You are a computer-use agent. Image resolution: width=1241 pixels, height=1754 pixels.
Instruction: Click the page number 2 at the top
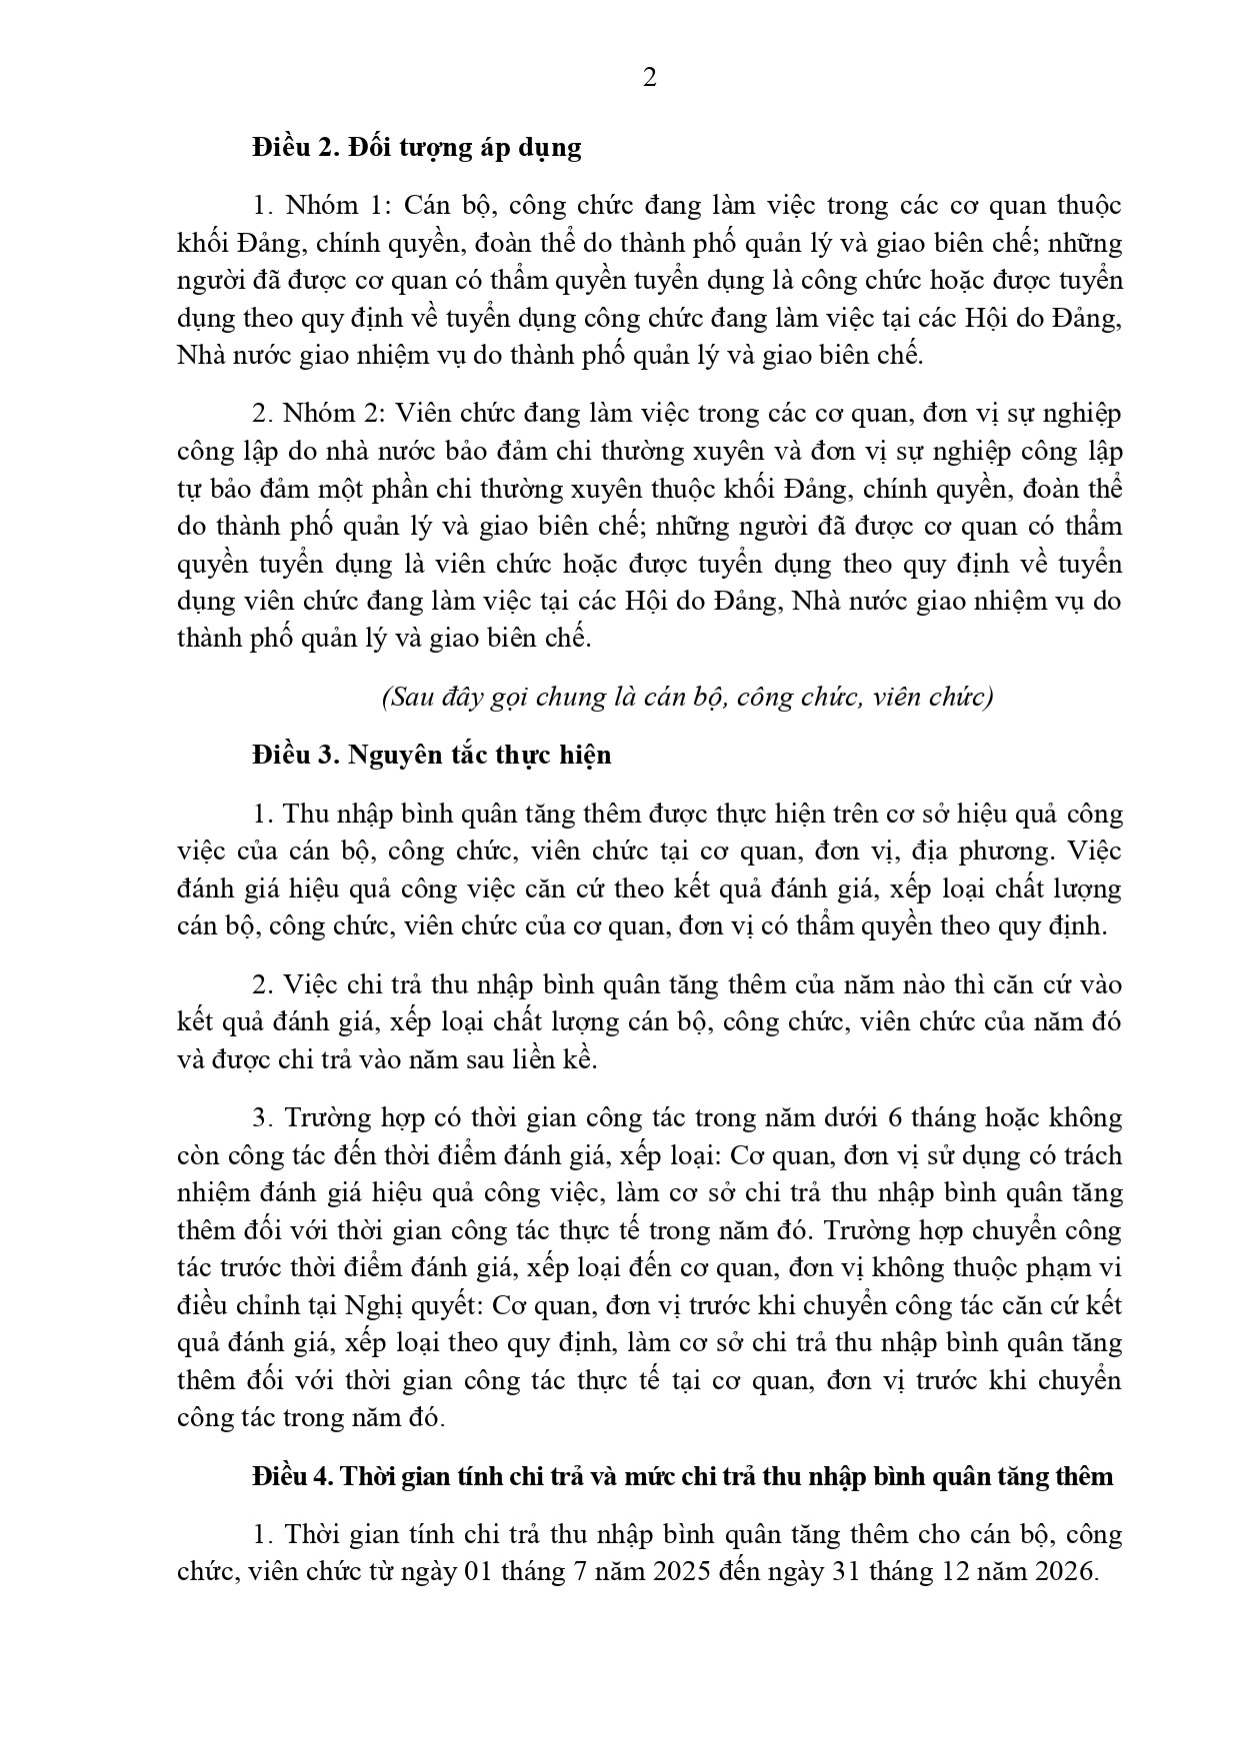click(x=649, y=78)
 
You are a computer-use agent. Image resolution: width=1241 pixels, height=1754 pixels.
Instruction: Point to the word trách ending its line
click(x=1094, y=1155)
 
